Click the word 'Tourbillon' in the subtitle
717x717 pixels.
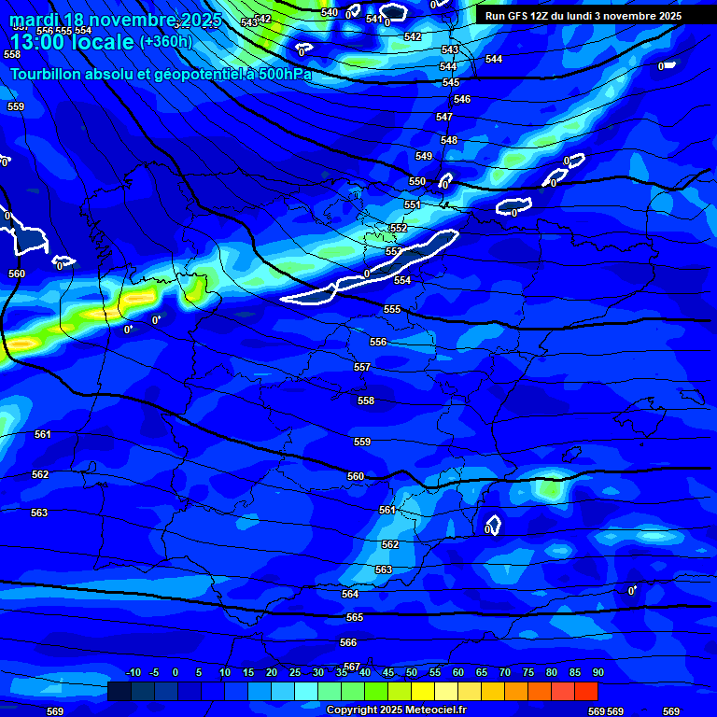pyautogui.click(x=45, y=75)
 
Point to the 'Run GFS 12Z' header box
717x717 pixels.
pyautogui.click(x=583, y=16)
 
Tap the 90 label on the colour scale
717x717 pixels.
pyautogui.click(x=597, y=672)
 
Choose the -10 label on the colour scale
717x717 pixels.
pyautogui.click(x=133, y=672)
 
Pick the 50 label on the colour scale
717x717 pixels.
pyautogui.click(x=412, y=672)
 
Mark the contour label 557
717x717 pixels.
pyautogui.click(x=362, y=368)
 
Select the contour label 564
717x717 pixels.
pyautogui.click(x=350, y=595)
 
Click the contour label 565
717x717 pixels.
pyautogui.click(x=355, y=618)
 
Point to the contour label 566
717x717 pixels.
pyautogui.click(x=348, y=643)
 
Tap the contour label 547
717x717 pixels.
pyautogui.click(x=444, y=118)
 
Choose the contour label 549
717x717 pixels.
pyautogui.click(x=424, y=157)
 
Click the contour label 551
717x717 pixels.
pyautogui.click(x=413, y=205)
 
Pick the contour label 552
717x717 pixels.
pyautogui.click(x=399, y=229)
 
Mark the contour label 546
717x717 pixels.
pyautogui.click(x=462, y=100)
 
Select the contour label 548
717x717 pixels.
pyautogui.click(x=449, y=141)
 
